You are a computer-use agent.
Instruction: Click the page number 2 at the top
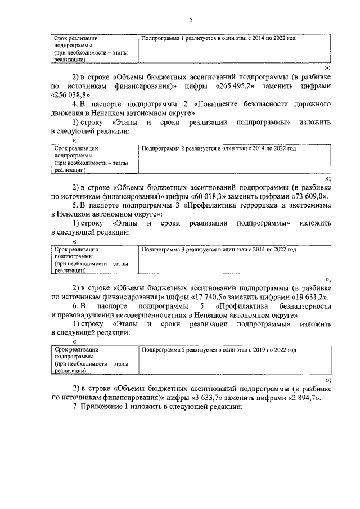(191, 21)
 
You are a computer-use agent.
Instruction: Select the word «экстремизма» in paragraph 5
(308, 206)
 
